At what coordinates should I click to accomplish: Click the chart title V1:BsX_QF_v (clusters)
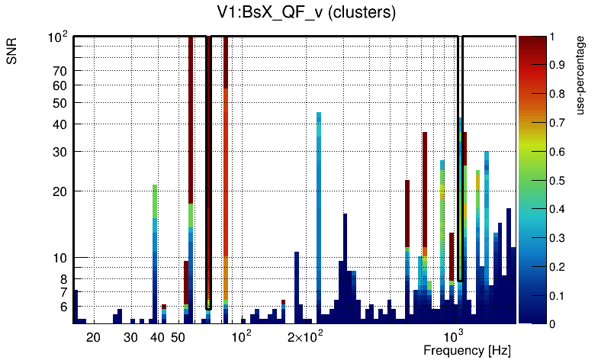306,13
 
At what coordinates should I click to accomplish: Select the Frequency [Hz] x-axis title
467,350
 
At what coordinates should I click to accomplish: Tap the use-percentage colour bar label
581,75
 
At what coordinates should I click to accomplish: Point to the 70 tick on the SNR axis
60,71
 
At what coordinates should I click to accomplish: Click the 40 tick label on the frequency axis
158,337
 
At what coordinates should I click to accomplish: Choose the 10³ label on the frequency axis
455,336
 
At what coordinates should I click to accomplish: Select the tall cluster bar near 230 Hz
319,214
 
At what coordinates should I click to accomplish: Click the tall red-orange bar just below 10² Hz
227,175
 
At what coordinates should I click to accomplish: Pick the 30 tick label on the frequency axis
130,337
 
